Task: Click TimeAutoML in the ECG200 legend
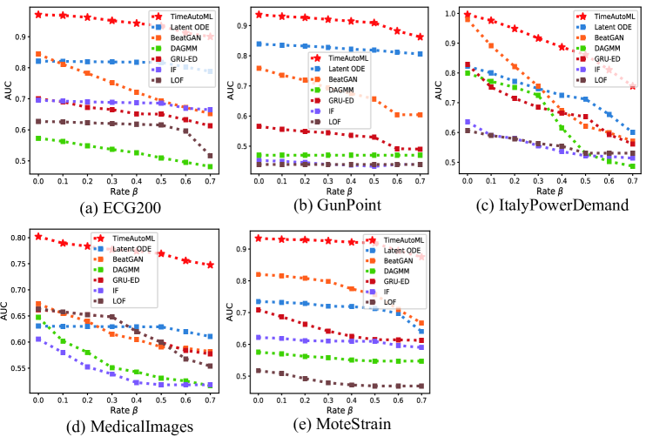[x=188, y=17]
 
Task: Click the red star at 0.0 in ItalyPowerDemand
[x=468, y=15]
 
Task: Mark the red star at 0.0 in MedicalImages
[x=38, y=236]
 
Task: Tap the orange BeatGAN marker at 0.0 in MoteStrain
[x=258, y=274]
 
